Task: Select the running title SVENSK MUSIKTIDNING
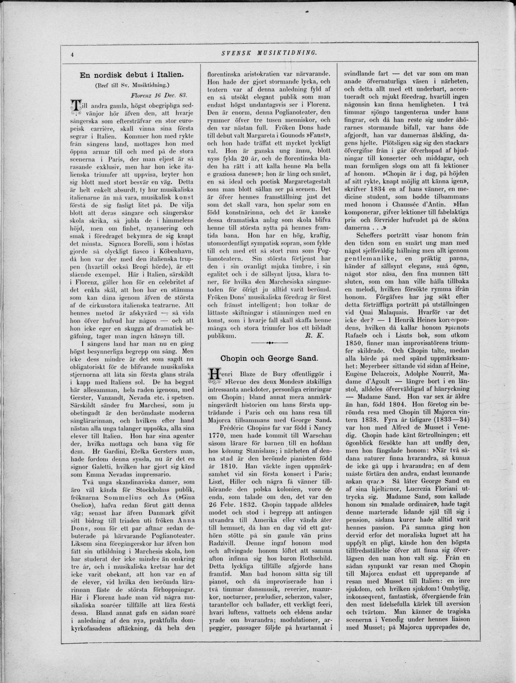[269, 53]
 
